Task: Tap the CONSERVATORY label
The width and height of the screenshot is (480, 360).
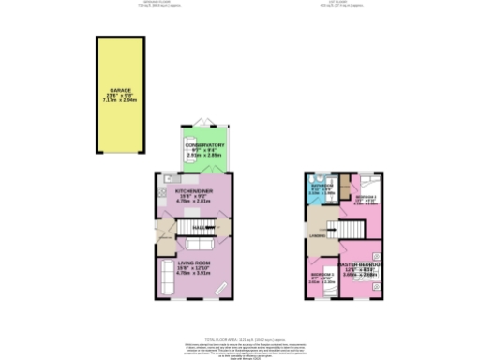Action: point(204,145)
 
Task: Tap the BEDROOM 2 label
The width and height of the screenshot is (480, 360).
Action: point(365,196)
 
